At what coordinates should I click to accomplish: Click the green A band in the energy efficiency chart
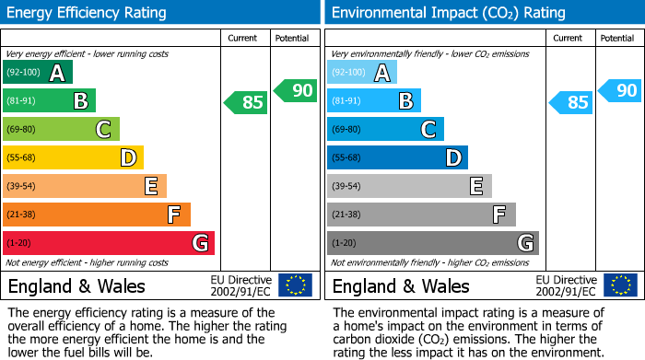pyautogui.click(x=37, y=73)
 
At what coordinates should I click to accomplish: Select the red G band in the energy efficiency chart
pyautogui.click(x=109, y=243)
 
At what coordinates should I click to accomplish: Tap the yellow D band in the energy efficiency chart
pyautogui.click(x=74, y=158)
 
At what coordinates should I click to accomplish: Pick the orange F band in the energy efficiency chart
pyautogui.click(x=97, y=215)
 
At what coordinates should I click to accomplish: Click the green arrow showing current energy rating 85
pyautogui.click(x=247, y=102)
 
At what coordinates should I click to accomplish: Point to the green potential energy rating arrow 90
pyautogui.click(x=296, y=90)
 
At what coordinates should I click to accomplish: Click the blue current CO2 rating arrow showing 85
pyautogui.click(x=571, y=102)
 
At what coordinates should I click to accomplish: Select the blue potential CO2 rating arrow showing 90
pyautogui.click(x=621, y=90)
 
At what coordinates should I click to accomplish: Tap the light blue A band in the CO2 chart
pyautogui.click(x=362, y=73)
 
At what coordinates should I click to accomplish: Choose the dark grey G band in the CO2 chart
pyautogui.click(x=433, y=243)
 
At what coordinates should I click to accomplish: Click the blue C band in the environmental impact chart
pyautogui.click(x=385, y=130)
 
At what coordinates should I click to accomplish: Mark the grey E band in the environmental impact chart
pyautogui.click(x=409, y=187)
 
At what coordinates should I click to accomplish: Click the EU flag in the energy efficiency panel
pyautogui.click(x=295, y=285)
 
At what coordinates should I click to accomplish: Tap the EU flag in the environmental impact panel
pyautogui.click(x=619, y=285)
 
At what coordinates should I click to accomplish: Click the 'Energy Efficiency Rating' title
pyautogui.click(x=88, y=13)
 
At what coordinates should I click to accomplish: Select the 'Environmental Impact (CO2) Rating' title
pyautogui.click(x=448, y=13)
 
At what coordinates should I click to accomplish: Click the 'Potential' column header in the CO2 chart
pyautogui.click(x=617, y=38)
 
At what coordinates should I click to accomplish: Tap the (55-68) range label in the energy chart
pyautogui.click(x=24, y=158)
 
